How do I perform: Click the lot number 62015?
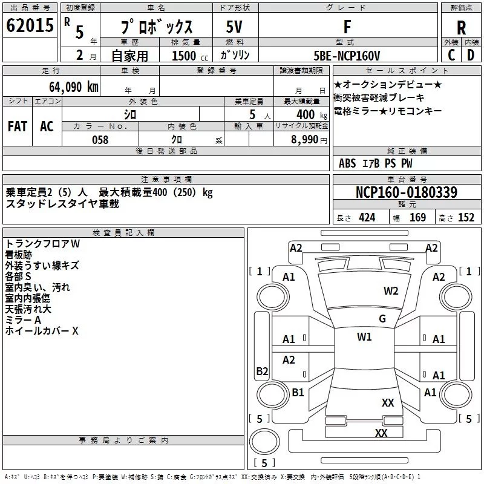click(29, 26)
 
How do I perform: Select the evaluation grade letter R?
click(461, 27)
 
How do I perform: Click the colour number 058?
click(100, 140)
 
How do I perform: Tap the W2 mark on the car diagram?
click(391, 291)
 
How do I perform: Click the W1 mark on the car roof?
click(364, 337)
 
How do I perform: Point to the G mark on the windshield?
click(382, 319)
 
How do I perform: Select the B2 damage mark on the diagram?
click(262, 371)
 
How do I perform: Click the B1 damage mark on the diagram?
click(298, 393)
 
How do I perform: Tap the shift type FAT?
click(18, 126)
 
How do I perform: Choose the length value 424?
click(367, 218)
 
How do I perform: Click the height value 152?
click(466, 218)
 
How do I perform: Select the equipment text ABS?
click(347, 163)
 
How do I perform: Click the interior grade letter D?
click(471, 55)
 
